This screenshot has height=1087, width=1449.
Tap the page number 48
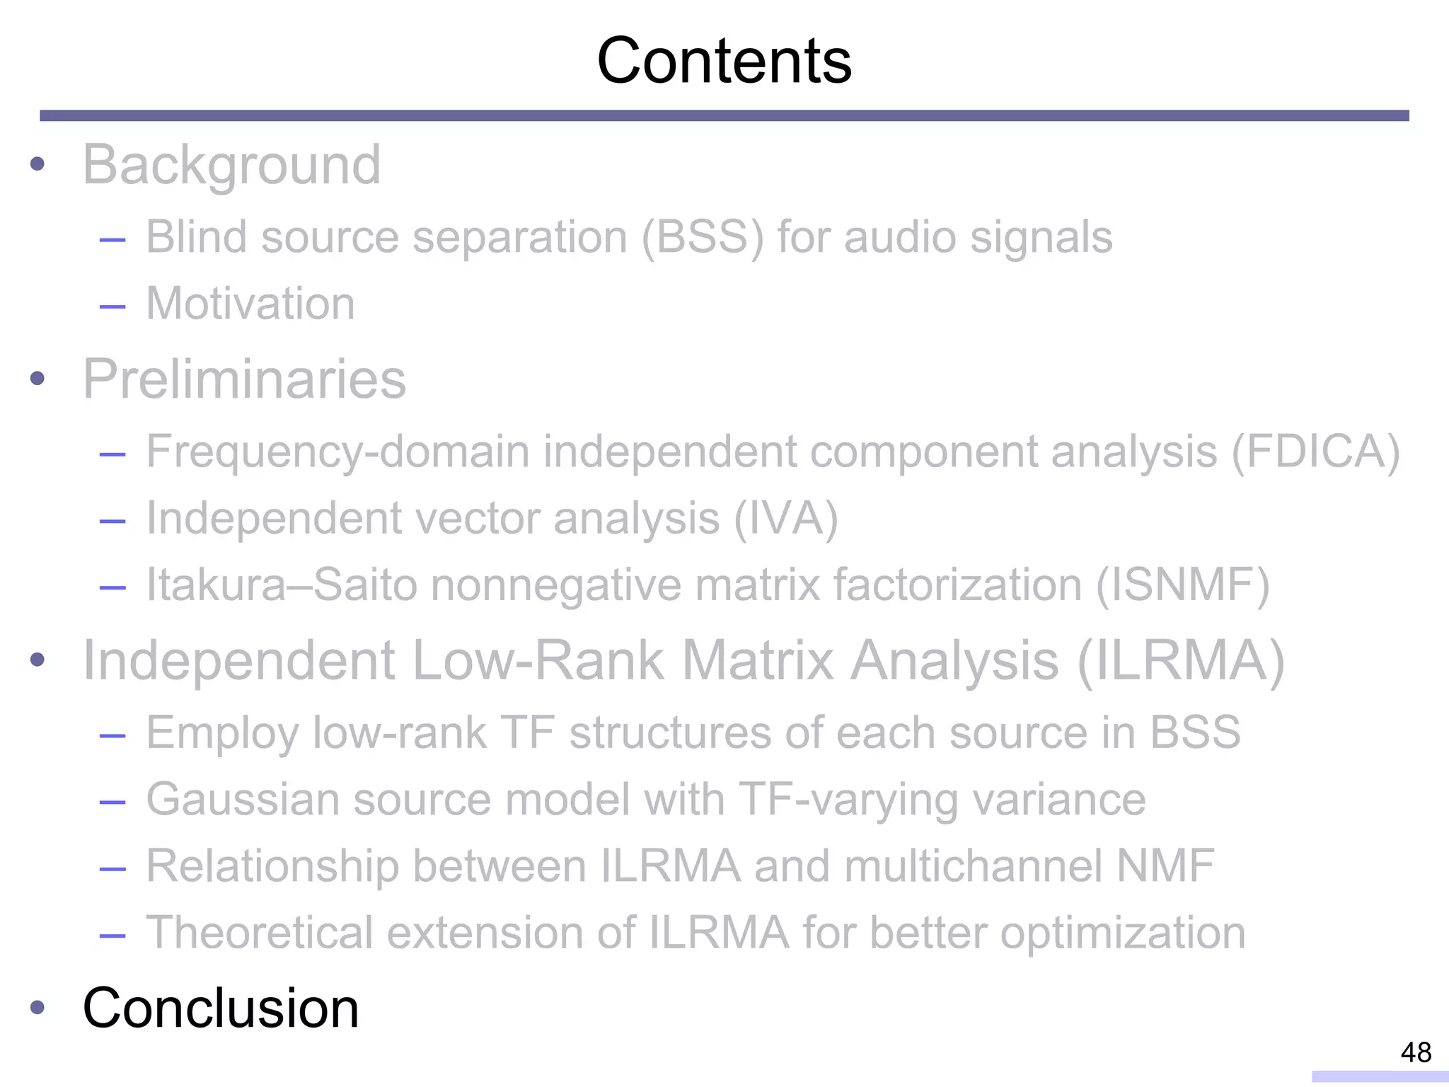pos(1416,1052)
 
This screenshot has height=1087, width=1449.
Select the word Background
pos(231,165)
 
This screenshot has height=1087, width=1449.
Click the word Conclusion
pos(221,1008)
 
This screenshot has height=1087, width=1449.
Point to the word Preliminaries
pos(244,379)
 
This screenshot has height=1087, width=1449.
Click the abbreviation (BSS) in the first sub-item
pos(703,236)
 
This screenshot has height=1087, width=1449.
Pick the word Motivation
pos(250,304)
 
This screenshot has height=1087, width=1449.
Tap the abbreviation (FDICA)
pos(1315,452)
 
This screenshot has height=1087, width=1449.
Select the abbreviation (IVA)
pos(785,518)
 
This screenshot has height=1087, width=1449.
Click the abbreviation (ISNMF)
pos(1183,585)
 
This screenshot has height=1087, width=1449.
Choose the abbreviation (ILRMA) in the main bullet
pos(1180,661)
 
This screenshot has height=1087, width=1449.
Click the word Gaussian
pos(243,800)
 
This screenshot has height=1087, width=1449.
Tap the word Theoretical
pos(259,932)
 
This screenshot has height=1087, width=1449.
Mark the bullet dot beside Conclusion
pos(37,1008)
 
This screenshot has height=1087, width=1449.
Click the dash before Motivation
pos(112,306)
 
